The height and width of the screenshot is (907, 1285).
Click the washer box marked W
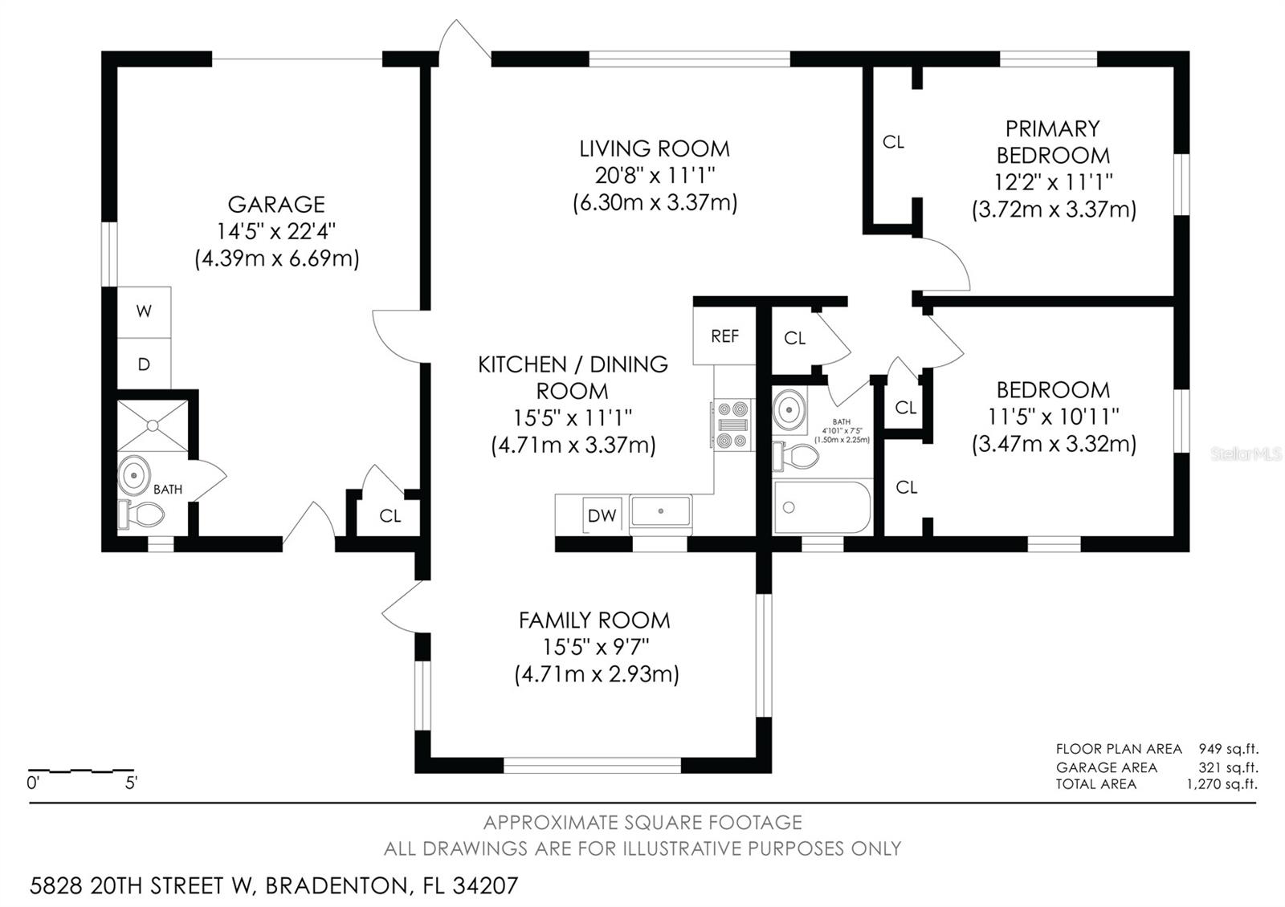[x=144, y=311]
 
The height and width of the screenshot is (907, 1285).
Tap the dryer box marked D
[x=144, y=364]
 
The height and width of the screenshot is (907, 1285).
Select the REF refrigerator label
[x=724, y=336]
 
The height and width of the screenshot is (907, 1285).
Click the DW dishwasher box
[x=602, y=515]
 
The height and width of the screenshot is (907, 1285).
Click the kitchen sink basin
[x=660, y=511]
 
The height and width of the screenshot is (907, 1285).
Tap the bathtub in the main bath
[x=822, y=507]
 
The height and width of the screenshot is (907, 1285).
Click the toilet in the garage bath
[x=142, y=514]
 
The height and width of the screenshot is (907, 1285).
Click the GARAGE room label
[x=276, y=205]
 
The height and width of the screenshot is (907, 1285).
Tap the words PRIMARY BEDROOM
[x=1053, y=141]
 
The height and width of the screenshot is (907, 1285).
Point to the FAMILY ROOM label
[x=594, y=620]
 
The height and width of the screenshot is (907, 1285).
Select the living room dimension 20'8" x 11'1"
[x=655, y=175]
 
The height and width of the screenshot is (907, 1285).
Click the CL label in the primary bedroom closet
[x=893, y=142]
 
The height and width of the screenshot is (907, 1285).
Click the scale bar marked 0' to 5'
[x=81, y=771]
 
